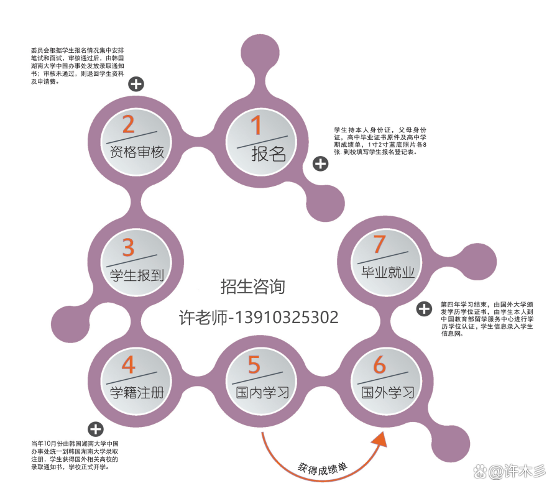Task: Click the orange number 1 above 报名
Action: coord(256,125)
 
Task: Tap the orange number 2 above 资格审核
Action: coord(129,124)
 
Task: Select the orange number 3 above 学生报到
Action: coord(128,247)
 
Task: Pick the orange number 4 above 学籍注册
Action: coord(128,364)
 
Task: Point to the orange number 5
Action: coord(254,365)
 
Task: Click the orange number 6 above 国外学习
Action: coord(379,365)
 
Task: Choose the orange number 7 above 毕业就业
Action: coord(379,244)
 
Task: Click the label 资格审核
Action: coord(137,152)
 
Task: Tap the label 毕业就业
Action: coord(387,272)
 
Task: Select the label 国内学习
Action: coord(262,393)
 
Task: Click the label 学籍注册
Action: coord(137,393)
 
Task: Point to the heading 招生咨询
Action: coord(252,287)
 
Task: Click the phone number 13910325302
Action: coord(287,317)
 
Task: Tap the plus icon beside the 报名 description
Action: coord(320,164)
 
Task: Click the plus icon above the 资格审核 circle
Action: coord(136,84)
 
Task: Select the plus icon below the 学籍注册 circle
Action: coord(96,429)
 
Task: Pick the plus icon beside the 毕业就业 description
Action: coord(424,309)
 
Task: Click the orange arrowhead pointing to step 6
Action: coord(379,441)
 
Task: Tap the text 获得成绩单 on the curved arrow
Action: coord(323,469)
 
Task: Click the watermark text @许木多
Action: coord(517,472)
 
